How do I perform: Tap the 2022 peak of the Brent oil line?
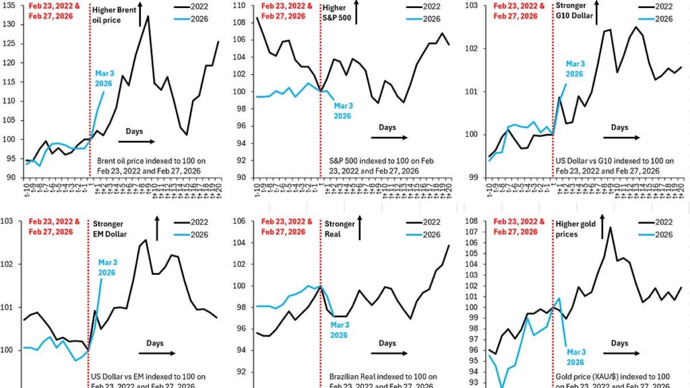click(148, 16)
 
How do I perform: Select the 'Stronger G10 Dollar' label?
click(574, 11)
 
